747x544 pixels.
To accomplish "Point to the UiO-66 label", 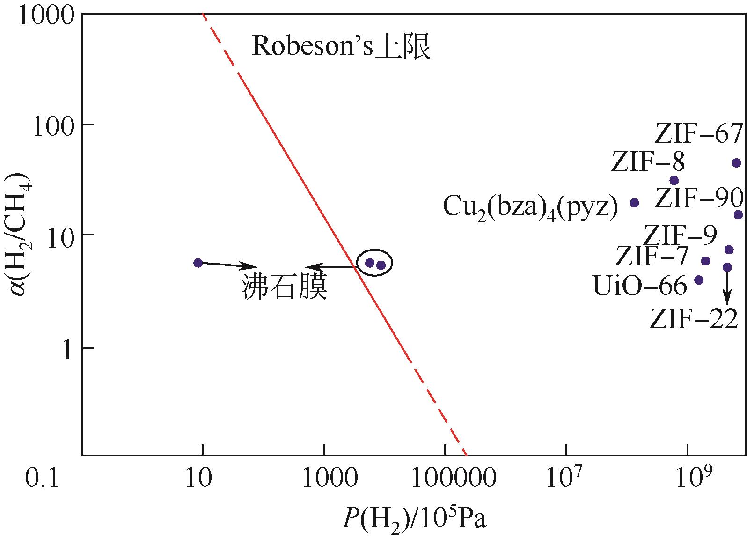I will click(640, 286).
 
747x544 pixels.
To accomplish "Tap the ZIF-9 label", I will click(680, 235).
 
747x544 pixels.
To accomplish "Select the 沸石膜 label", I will click(285, 287).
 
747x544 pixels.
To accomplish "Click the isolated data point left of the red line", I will click(198, 263).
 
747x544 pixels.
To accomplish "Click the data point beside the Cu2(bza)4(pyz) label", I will click(635, 203).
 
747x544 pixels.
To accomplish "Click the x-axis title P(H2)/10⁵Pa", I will click(415, 520).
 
